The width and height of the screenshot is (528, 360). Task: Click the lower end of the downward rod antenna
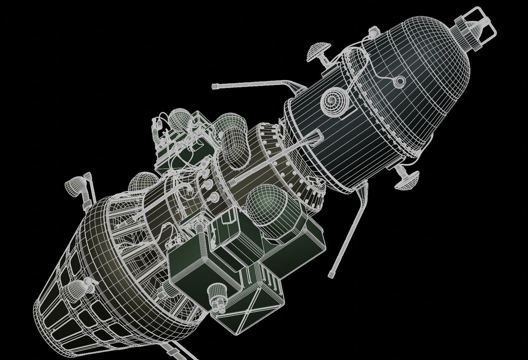(331, 274)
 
